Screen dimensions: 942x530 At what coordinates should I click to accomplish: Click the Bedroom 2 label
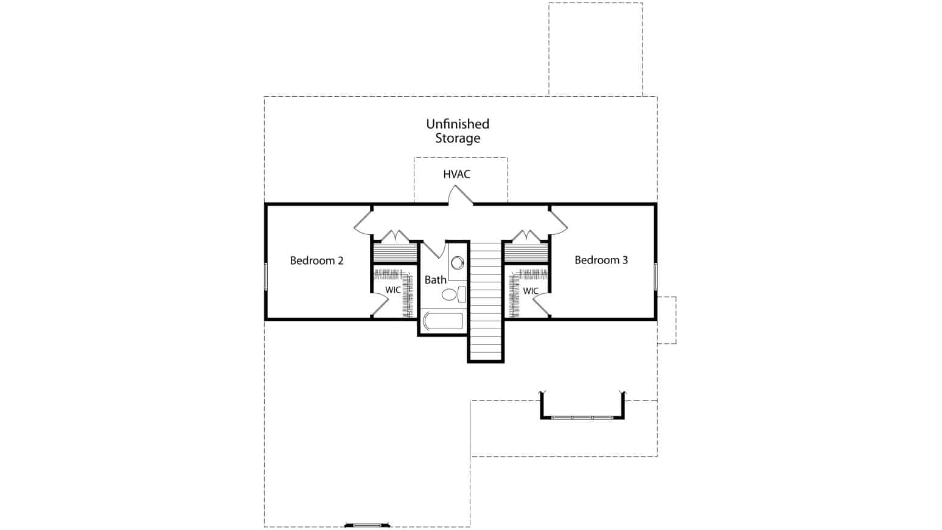pyautogui.click(x=316, y=260)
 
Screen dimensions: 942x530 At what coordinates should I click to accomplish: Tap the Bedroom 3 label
pyautogui.click(x=601, y=260)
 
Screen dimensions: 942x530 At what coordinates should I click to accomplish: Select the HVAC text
pyautogui.click(x=457, y=174)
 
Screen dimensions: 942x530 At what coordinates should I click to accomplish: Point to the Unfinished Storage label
pyautogui.click(x=458, y=131)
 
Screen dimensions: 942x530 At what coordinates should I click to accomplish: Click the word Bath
pyautogui.click(x=435, y=280)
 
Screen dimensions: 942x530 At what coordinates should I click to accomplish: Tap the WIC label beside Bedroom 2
pyautogui.click(x=392, y=290)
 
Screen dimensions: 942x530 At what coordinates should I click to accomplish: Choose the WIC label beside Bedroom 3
pyautogui.click(x=531, y=291)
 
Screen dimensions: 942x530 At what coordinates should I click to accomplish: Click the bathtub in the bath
pyautogui.click(x=443, y=321)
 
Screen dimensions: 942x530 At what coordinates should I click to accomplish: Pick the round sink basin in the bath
pyautogui.click(x=457, y=263)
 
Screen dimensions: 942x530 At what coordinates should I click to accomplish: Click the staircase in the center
pyautogui.click(x=486, y=301)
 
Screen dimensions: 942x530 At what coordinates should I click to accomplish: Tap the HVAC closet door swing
pyautogui.click(x=461, y=196)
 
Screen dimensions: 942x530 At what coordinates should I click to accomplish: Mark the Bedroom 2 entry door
pyautogui.click(x=363, y=223)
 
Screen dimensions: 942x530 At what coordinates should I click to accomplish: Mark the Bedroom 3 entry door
pyautogui.click(x=558, y=223)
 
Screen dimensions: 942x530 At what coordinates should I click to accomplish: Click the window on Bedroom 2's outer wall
pyautogui.click(x=266, y=276)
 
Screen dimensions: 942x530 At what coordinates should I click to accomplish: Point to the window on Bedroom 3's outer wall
pyautogui.click(x=655, y=276)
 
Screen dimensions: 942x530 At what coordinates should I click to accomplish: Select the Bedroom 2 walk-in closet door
pyautogui.click(x=379, y=305)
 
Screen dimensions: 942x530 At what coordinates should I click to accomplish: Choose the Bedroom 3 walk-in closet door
pyautogui.click(x=542, y=305)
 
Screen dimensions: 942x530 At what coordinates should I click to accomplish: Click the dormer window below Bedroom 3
pyautogui.click(x=582, y=417)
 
